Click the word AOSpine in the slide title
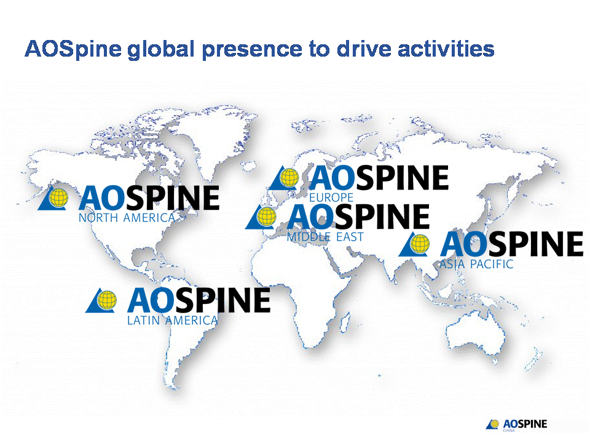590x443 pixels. click(x=73, y=49)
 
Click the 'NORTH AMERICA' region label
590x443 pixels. click(x=127, y=218)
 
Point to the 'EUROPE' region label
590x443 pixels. click(x=331, y=198)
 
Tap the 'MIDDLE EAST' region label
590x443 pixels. click(x=325, y=237)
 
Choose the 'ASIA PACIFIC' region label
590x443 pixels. click(x=476, y=265)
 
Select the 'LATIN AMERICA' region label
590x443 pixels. click(x=172, y=321)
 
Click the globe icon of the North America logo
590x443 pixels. click(x=58, y=197)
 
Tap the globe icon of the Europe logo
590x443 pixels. click(x=288, y=177)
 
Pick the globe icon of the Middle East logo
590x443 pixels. click(x=265, y=216)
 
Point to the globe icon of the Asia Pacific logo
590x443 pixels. click(x=420, y=244)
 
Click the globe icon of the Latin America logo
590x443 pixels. click(x=106, y=300)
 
